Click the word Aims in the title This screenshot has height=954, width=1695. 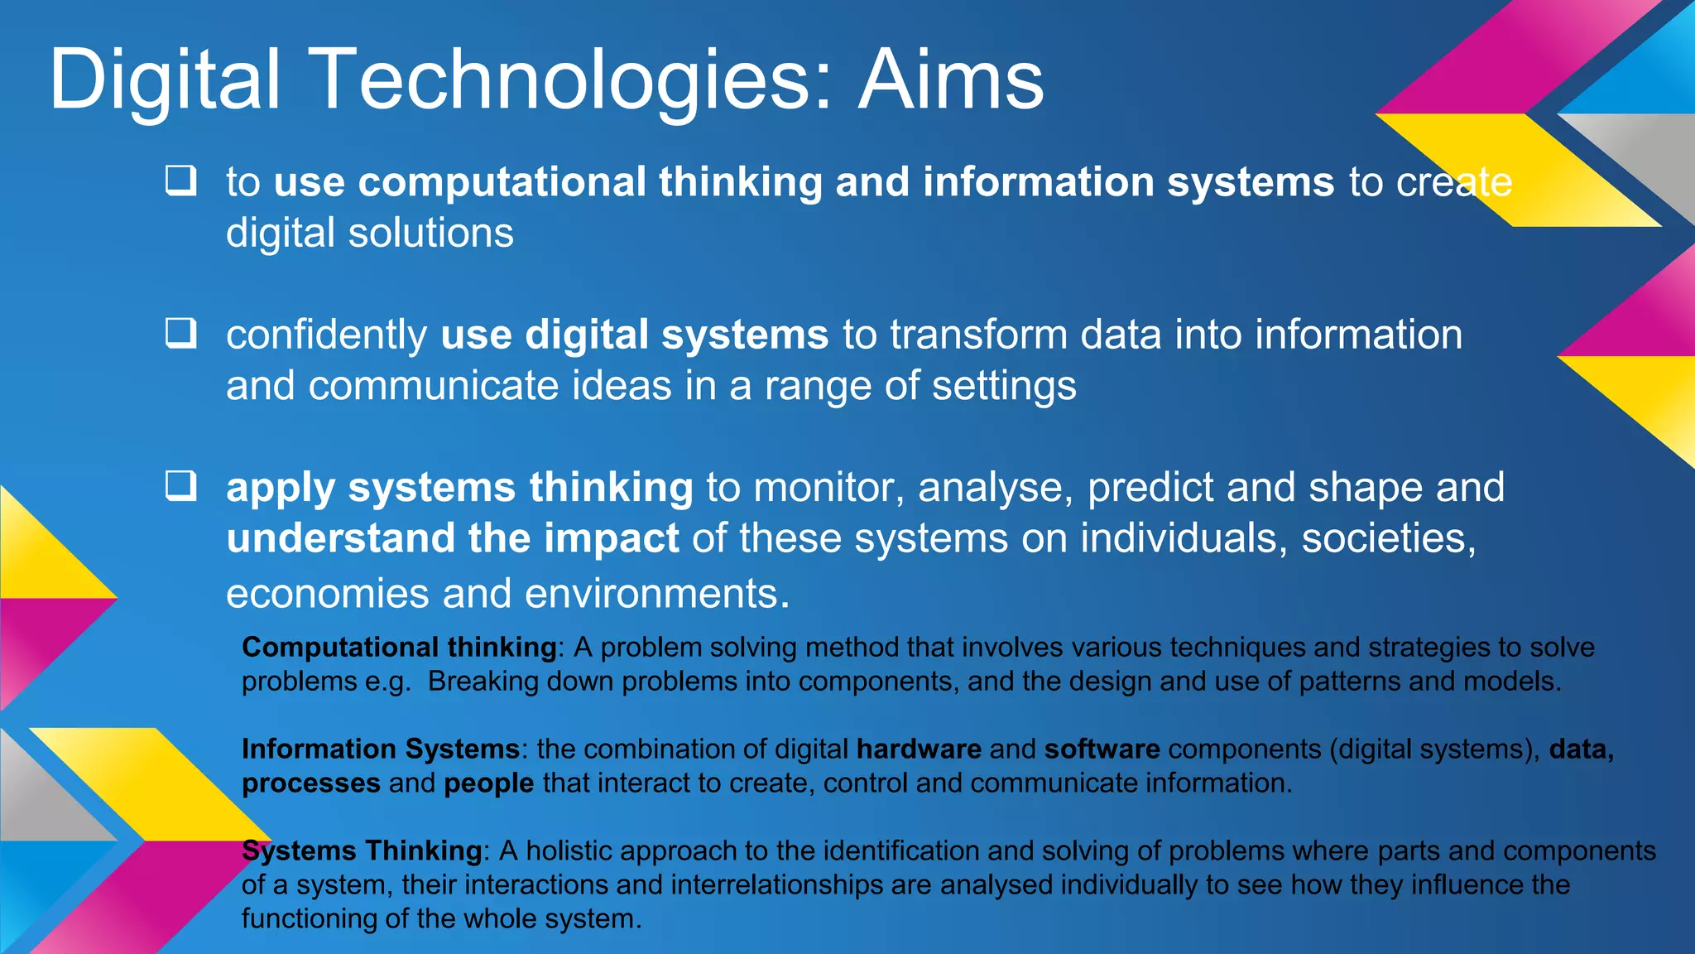point(951,80)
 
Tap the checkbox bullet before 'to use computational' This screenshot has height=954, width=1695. point(180,180)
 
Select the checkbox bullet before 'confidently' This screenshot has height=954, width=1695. point(180,333)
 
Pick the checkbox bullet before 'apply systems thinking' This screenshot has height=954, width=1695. point(180,485)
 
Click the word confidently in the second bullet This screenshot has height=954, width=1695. point(326,335)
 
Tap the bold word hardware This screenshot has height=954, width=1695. point(919,749)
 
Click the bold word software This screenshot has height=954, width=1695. point(1102,749)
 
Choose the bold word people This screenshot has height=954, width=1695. point(488,783)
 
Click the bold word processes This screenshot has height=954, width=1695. point(311,783)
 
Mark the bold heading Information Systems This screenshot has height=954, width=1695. point(380,749)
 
